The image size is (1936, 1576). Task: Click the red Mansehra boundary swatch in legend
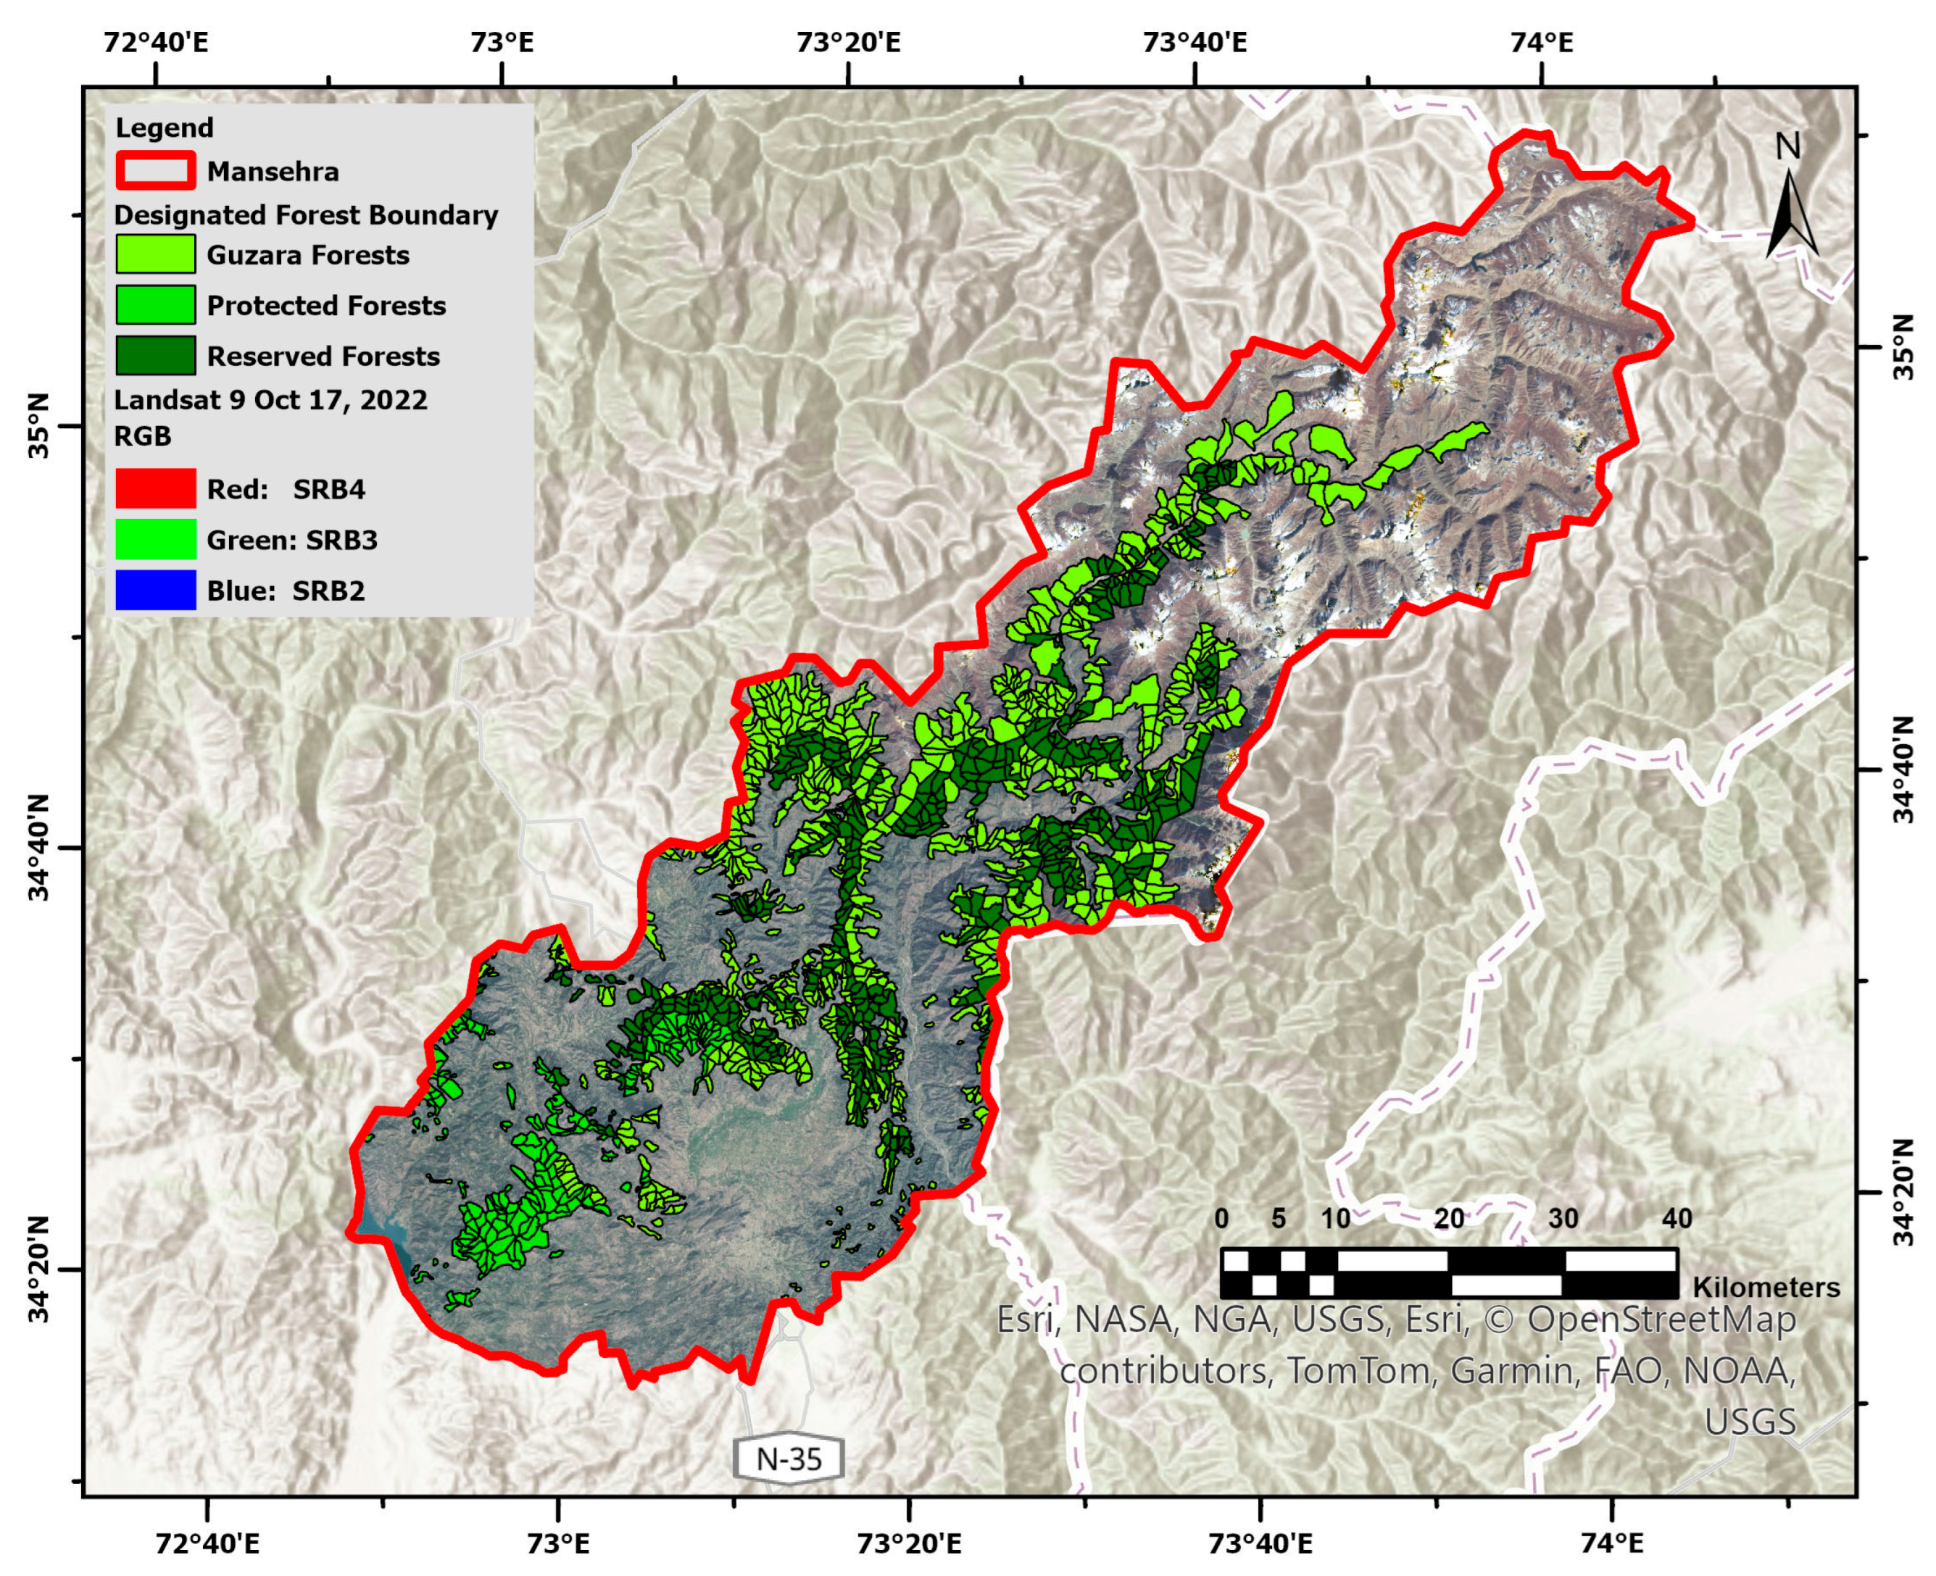click(155, 171)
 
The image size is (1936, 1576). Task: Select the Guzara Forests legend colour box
click(155, 254)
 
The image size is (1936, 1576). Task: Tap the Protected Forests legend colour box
click(155, 305)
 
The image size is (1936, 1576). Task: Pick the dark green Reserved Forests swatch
click(155, 356)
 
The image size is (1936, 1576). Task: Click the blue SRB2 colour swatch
click(155, 590)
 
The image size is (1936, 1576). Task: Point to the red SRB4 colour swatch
click(155, 488)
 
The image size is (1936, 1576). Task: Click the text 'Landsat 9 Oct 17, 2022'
click(270, 401)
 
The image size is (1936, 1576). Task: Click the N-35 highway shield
click(788, 1459)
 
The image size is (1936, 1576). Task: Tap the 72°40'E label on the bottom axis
click(208, 1543)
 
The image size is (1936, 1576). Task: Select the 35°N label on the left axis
click(43, 426)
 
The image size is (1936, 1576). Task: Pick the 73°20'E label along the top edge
click(848, 42)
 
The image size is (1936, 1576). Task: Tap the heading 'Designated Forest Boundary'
click(305, 215)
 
